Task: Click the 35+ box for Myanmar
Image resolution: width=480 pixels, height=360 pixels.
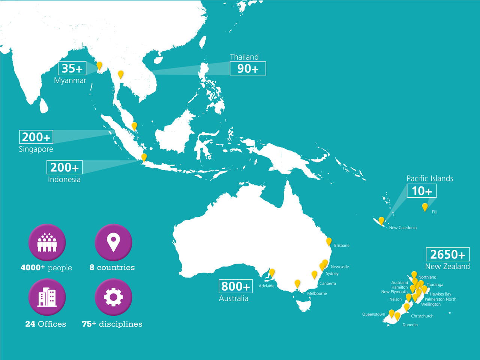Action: coord(72,69)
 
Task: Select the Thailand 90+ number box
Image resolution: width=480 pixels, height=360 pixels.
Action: coord(247,69)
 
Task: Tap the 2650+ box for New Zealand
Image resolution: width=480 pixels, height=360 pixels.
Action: coord(447,255)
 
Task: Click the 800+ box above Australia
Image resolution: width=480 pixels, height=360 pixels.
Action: coord(235,286)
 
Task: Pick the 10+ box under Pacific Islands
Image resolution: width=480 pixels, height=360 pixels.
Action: coord(421,191)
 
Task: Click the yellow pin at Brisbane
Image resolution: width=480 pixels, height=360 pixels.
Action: coord(328,241)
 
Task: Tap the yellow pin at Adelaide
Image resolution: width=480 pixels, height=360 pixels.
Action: coord(272,273)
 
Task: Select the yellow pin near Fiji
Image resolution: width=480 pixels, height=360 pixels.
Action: coord(425,207)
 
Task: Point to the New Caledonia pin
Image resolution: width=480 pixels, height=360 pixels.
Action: coord(381,220)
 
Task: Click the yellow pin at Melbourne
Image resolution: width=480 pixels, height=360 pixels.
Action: coord(297,283)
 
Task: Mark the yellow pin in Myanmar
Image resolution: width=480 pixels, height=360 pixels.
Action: coord(99,66)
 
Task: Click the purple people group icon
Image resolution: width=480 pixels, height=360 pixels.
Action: coord(47,243)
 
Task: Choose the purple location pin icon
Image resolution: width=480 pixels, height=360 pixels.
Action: coord(113,243)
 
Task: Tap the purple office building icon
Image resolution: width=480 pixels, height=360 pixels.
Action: coord(47,297)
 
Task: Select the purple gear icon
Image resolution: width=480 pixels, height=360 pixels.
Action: coord(113,297)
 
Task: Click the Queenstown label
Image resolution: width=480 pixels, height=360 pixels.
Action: coord(373,314)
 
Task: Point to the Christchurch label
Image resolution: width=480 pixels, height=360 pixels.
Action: coord(422,316)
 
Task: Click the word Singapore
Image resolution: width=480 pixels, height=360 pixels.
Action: coord(36,149)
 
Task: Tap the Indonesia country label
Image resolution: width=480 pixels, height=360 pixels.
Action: coord(64,179)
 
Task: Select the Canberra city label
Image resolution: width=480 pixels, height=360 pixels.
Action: coord(327,283)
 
